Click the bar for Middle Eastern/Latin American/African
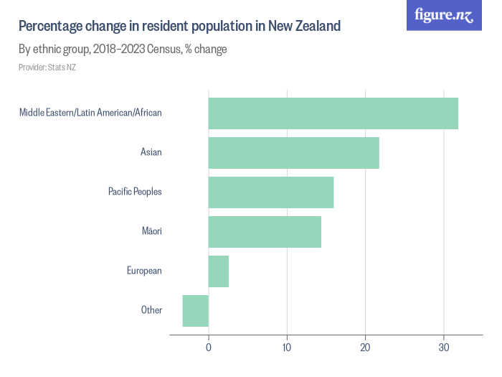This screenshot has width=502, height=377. (333, 113)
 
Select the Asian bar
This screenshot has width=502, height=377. (293, 152)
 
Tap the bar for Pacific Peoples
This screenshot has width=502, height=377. (271, 192)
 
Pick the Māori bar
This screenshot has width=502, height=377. (265, 231)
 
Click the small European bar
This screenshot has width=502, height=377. (219, 271)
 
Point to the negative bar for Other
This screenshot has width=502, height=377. (196, 310)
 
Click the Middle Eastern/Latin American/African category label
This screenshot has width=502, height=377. (90, 113)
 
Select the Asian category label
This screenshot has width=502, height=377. (151, 152)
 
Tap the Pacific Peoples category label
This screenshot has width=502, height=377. (135, 192)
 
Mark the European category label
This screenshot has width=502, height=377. (144, 271)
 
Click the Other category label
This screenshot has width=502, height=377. (151, 310)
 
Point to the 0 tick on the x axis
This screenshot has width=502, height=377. (209, 348)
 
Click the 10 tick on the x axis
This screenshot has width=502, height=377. (287, 348)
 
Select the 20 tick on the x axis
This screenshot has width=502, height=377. (366, 348)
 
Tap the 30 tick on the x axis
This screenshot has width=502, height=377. (444, 348)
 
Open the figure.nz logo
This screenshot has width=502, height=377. (445, 15)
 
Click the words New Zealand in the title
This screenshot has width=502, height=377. (305, 27)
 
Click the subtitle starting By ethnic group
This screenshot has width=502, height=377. (123, 50)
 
